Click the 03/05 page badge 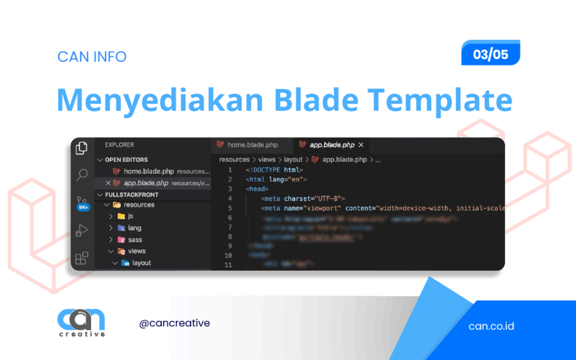point(490,55)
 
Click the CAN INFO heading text point(92,57)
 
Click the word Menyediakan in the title point(160,101)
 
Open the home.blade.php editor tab point(247,145)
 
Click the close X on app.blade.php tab point(361,145)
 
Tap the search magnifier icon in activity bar point(82,174)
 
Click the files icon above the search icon point(82,148)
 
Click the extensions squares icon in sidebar point(82,258)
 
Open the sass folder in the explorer point(134,240)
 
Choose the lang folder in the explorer point(134,228)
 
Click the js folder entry point(130,216)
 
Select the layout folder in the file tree point(141,263)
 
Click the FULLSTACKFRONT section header point(132,195)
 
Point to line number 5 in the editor point(229,208)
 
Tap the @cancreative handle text point(174,323)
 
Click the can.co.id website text point(491,326)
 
